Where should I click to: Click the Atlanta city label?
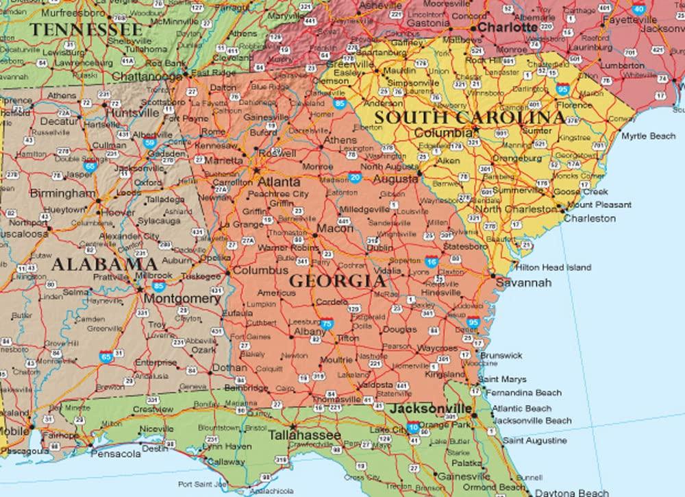click(278, 182)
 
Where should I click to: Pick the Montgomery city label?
click(182, 299)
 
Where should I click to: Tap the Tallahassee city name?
click(304, 435)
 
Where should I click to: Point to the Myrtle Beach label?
click(648, 136)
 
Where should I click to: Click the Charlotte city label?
click(508, 27)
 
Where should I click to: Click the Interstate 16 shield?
click(431, 263)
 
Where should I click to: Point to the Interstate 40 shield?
click(639, 9)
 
